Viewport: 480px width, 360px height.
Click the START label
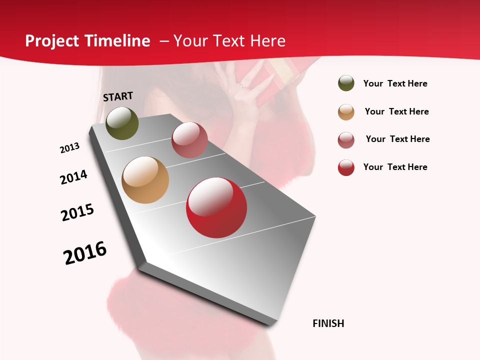(x=118, y=96)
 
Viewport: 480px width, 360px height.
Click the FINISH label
(x=328, y=323)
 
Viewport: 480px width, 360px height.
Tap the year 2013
(x=69, y=148)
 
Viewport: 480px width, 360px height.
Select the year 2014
(x=73, y=177)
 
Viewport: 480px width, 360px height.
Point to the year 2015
(x=77, y=212)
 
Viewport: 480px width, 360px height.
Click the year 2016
(x=85, y=252)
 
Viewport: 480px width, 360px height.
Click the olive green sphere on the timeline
(x=122, y=123)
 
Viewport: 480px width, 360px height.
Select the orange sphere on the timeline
(x=145, y=180)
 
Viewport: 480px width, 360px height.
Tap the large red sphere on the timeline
(x=216, y=207)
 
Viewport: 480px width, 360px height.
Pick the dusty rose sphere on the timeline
(x=189, y=140)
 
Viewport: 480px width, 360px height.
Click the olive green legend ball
(x=346, y=83)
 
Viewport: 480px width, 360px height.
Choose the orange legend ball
(x=346, y=112)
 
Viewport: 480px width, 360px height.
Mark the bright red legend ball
(x=346, y=167)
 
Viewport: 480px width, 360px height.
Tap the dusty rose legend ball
(x=346, y=140)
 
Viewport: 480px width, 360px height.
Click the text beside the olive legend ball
(x=395, y=84)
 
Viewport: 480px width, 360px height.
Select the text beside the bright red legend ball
(x=395, y=167)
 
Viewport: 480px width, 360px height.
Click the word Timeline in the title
(x=117, y=41)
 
